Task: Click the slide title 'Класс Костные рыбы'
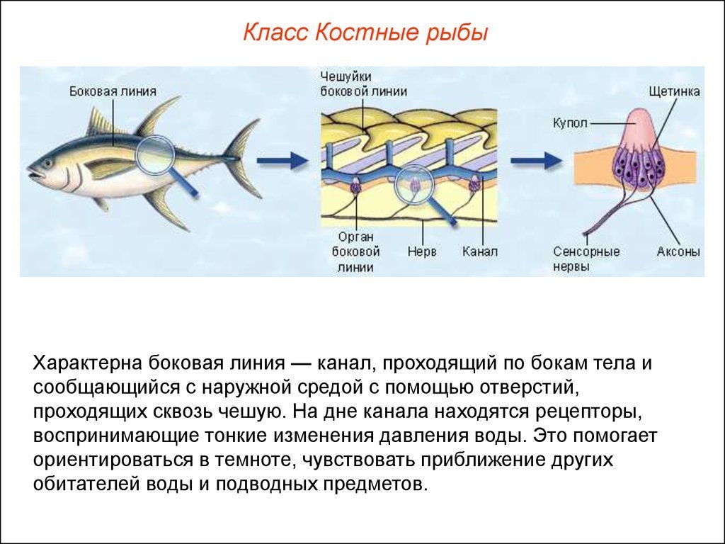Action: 365,33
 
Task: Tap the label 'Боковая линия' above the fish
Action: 113,91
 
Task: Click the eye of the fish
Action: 47,164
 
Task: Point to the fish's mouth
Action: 34,174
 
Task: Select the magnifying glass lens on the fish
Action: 155,155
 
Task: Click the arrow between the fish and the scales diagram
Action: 282,161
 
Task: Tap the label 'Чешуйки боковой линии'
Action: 364,84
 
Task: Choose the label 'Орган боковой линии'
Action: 355,252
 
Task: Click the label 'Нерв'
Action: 422,251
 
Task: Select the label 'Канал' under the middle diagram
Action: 480,251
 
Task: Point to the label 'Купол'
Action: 570,123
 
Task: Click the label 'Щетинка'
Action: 674,91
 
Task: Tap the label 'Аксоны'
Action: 678,251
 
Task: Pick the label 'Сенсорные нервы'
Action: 586,259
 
